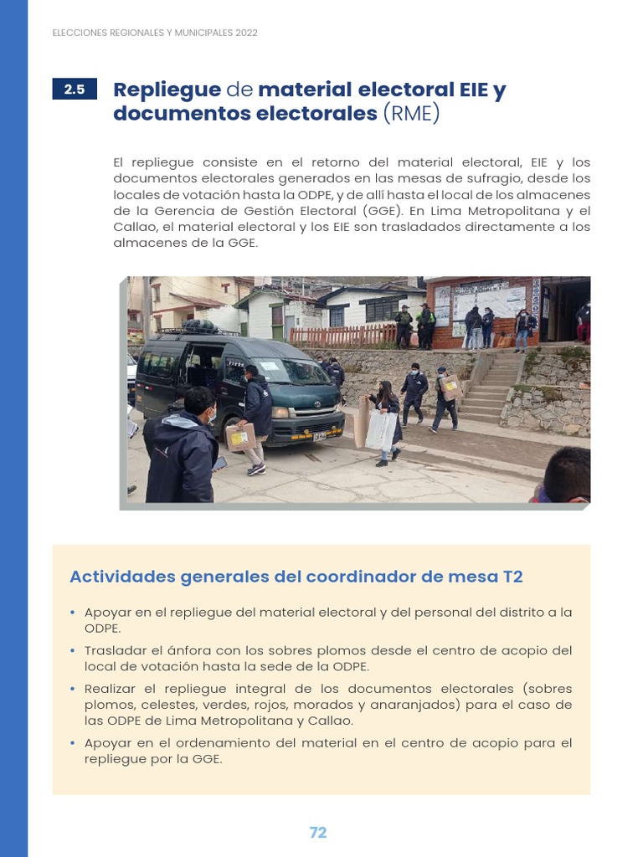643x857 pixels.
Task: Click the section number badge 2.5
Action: click(x=75, y=90)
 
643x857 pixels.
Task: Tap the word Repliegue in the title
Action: click(x=167, y=90)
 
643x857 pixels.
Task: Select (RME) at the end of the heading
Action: click(x=410, y=114)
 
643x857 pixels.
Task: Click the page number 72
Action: click(x=318, y=833)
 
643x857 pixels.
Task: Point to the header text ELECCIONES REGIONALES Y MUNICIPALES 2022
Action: click(x=155, y=33)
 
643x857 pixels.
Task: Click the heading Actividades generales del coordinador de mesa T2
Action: click(x=296, y=577)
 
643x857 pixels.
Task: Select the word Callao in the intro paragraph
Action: click(x=132, y=227)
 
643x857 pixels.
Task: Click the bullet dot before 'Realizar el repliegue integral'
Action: click(x=74, y=690)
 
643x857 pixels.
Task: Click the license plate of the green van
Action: click(x=320, y=435)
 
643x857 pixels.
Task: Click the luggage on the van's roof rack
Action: click(x=200, y=327)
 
